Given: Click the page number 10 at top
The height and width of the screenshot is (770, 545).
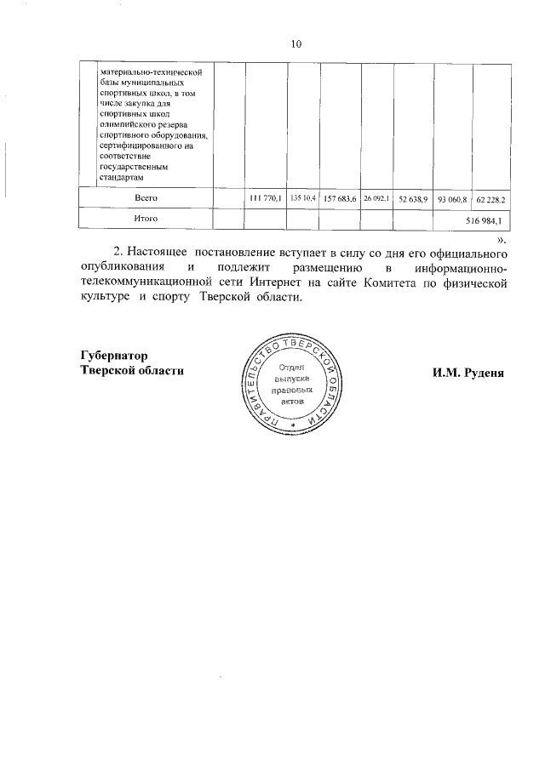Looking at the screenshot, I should [x=295, y=44].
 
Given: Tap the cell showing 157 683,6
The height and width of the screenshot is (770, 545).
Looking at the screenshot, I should [x=340, y=198].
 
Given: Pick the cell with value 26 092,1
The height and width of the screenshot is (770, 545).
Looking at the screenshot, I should [x=376, y=198].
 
